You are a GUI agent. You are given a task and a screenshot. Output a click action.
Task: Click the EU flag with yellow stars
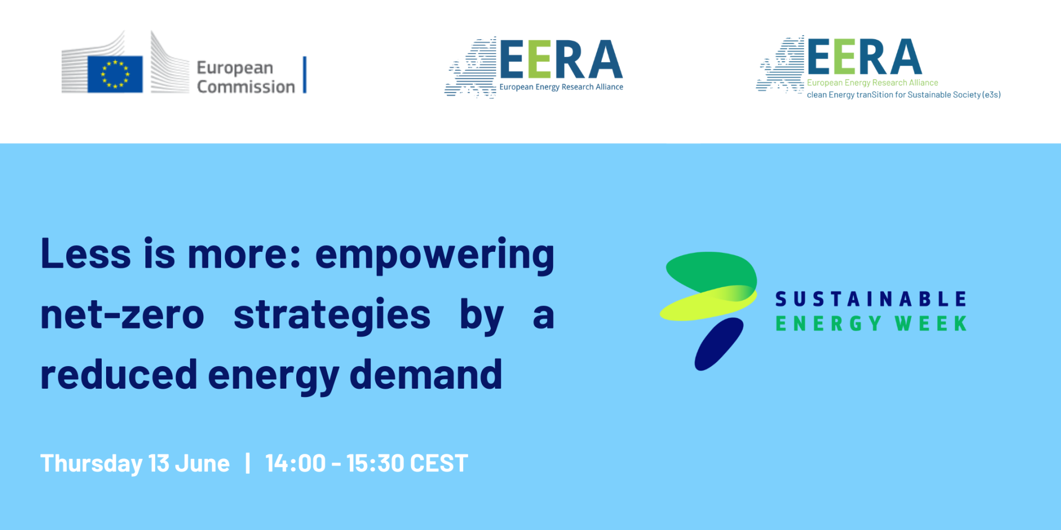pos(115,74)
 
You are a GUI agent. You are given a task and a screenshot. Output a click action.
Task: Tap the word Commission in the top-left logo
pos(246,87)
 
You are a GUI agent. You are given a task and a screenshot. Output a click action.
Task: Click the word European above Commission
pos(235,68)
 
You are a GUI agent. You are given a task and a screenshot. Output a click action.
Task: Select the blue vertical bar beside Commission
pos(304,75)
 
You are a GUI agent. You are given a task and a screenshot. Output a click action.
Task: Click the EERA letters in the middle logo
pos(561,60)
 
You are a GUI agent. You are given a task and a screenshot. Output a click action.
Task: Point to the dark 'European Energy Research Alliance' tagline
pos(561,87)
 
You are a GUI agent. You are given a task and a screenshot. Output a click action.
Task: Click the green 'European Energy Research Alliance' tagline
pos(873,83)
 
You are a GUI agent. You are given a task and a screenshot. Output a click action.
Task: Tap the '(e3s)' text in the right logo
pos(991,95)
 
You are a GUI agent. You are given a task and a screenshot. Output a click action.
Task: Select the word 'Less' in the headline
pos(86,254)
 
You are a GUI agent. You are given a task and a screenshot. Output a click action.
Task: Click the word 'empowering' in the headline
pos(434,256)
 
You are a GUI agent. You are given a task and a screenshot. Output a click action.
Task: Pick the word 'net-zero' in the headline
pos(122,315)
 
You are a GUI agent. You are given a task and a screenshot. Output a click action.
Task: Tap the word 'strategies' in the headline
pos(332,316)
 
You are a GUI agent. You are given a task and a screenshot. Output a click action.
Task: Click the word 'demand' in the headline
pos(426,374)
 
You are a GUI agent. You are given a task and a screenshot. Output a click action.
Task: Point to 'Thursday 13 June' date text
pos(135,464)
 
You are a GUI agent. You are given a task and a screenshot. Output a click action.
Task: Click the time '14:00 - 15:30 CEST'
pos(366,463)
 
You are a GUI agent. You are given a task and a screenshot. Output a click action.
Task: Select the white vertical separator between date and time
pos(248,463)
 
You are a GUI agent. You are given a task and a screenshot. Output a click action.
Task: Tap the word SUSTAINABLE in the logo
pos(871,299)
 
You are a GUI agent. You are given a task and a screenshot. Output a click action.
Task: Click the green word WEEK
pos(931,324)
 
